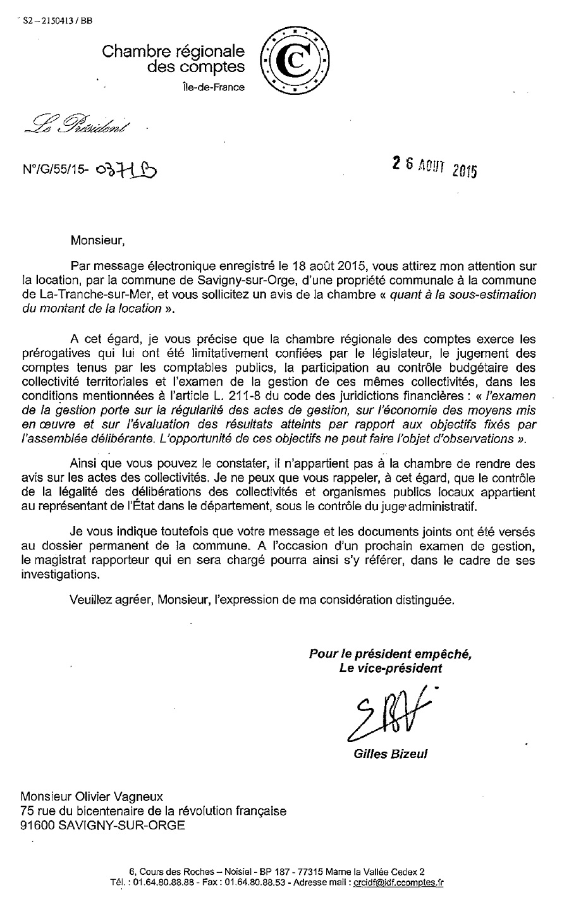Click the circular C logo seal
(x=295, y=61)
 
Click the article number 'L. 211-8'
(x=244, y=396)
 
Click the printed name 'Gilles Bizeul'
(x=391, y=754)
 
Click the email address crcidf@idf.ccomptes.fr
(x=398, y=883)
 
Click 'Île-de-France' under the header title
(x=212, y=87)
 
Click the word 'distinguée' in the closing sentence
(x=425, y=600)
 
